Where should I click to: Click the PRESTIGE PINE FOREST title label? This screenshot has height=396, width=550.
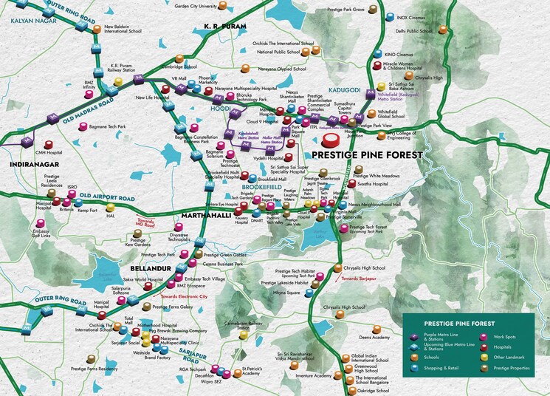(366, 156)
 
